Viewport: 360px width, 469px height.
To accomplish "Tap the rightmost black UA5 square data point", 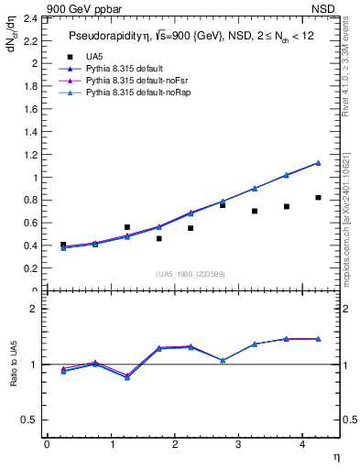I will [318, 198].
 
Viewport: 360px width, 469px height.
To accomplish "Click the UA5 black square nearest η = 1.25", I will [127, 227].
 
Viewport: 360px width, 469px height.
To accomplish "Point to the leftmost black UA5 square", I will [63, 245].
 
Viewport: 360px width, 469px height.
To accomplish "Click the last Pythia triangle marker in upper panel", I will [318, 163].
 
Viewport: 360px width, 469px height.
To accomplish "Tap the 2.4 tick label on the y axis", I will [29, 18].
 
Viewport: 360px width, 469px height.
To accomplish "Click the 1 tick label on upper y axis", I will [34, 178].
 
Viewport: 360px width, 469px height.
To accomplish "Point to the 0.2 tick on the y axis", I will [29, 269].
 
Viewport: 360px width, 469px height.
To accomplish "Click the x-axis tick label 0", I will [48, 444].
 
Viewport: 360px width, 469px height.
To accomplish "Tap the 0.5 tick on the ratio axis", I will [29, 420].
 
